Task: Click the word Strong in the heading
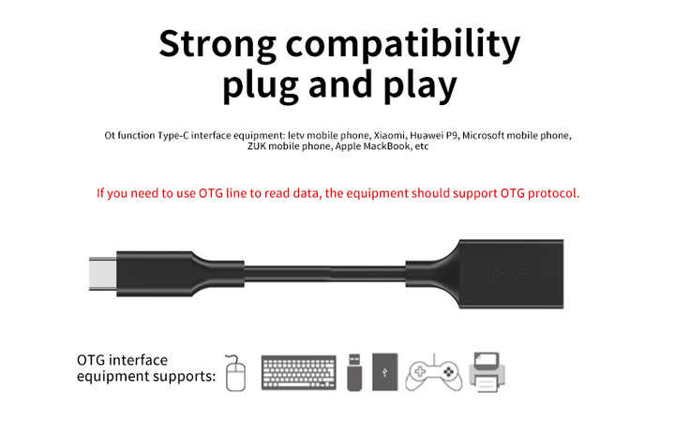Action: tap(217, 45)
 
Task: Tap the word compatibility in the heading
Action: tap(403, 45)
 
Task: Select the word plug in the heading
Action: tap(261, 85)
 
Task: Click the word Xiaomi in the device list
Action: tap(389, 135)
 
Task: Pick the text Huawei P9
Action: tap(434, 135)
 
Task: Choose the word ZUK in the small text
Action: tap(256, 146)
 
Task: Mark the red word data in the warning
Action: tap(306, 193)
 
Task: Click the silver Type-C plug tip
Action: tap(102, 274)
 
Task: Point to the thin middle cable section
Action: tap(325, 274)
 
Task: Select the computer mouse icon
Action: tap(235, 373)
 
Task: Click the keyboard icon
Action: tap(299, 373)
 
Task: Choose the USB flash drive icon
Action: tap(354, 372)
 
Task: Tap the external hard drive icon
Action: tap(385, 372)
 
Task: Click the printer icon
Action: tap(487, 372)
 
